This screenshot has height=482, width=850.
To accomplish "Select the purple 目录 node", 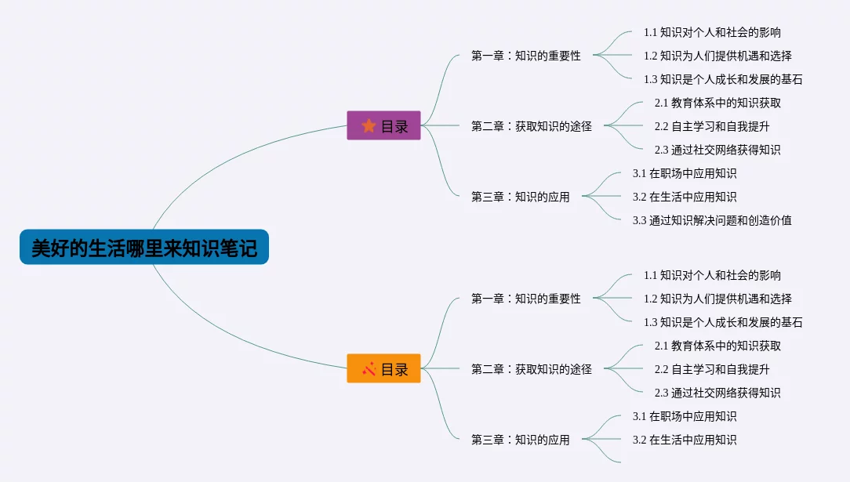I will coord(383,125).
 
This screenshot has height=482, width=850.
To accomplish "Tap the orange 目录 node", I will coord(383,368).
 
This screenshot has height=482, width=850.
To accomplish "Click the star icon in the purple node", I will coord(369,125).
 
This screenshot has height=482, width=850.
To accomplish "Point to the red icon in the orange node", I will coord(369,368).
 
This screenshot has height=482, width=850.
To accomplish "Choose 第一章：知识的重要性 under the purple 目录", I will coord(526,56).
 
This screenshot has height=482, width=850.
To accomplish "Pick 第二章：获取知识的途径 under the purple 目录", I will coord(532,126).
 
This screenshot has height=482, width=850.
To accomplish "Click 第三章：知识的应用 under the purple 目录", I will coord(521,197).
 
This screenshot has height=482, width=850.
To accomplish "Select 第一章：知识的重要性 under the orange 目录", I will coord(526,299).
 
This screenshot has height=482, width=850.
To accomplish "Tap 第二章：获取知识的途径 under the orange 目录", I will coord(532,369).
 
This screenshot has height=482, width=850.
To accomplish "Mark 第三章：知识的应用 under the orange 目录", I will coord(521,440).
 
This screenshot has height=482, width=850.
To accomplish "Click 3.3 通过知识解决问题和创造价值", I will coord(712,220).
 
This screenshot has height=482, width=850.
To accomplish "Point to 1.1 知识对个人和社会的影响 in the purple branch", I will coord(712,32).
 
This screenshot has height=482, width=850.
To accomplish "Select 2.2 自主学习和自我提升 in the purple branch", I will coord(712,126).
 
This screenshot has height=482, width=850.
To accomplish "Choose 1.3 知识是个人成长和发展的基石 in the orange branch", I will coord(723,322).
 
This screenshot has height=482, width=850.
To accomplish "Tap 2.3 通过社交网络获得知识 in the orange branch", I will coord(717,393).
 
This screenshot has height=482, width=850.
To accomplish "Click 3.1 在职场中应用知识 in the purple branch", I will coord(685,173).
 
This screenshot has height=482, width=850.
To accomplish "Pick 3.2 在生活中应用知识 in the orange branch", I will coord(685,440).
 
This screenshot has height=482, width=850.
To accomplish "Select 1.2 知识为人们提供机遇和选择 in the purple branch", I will coord(717,56).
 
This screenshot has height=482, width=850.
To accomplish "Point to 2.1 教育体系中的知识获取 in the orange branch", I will coord(717,346).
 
